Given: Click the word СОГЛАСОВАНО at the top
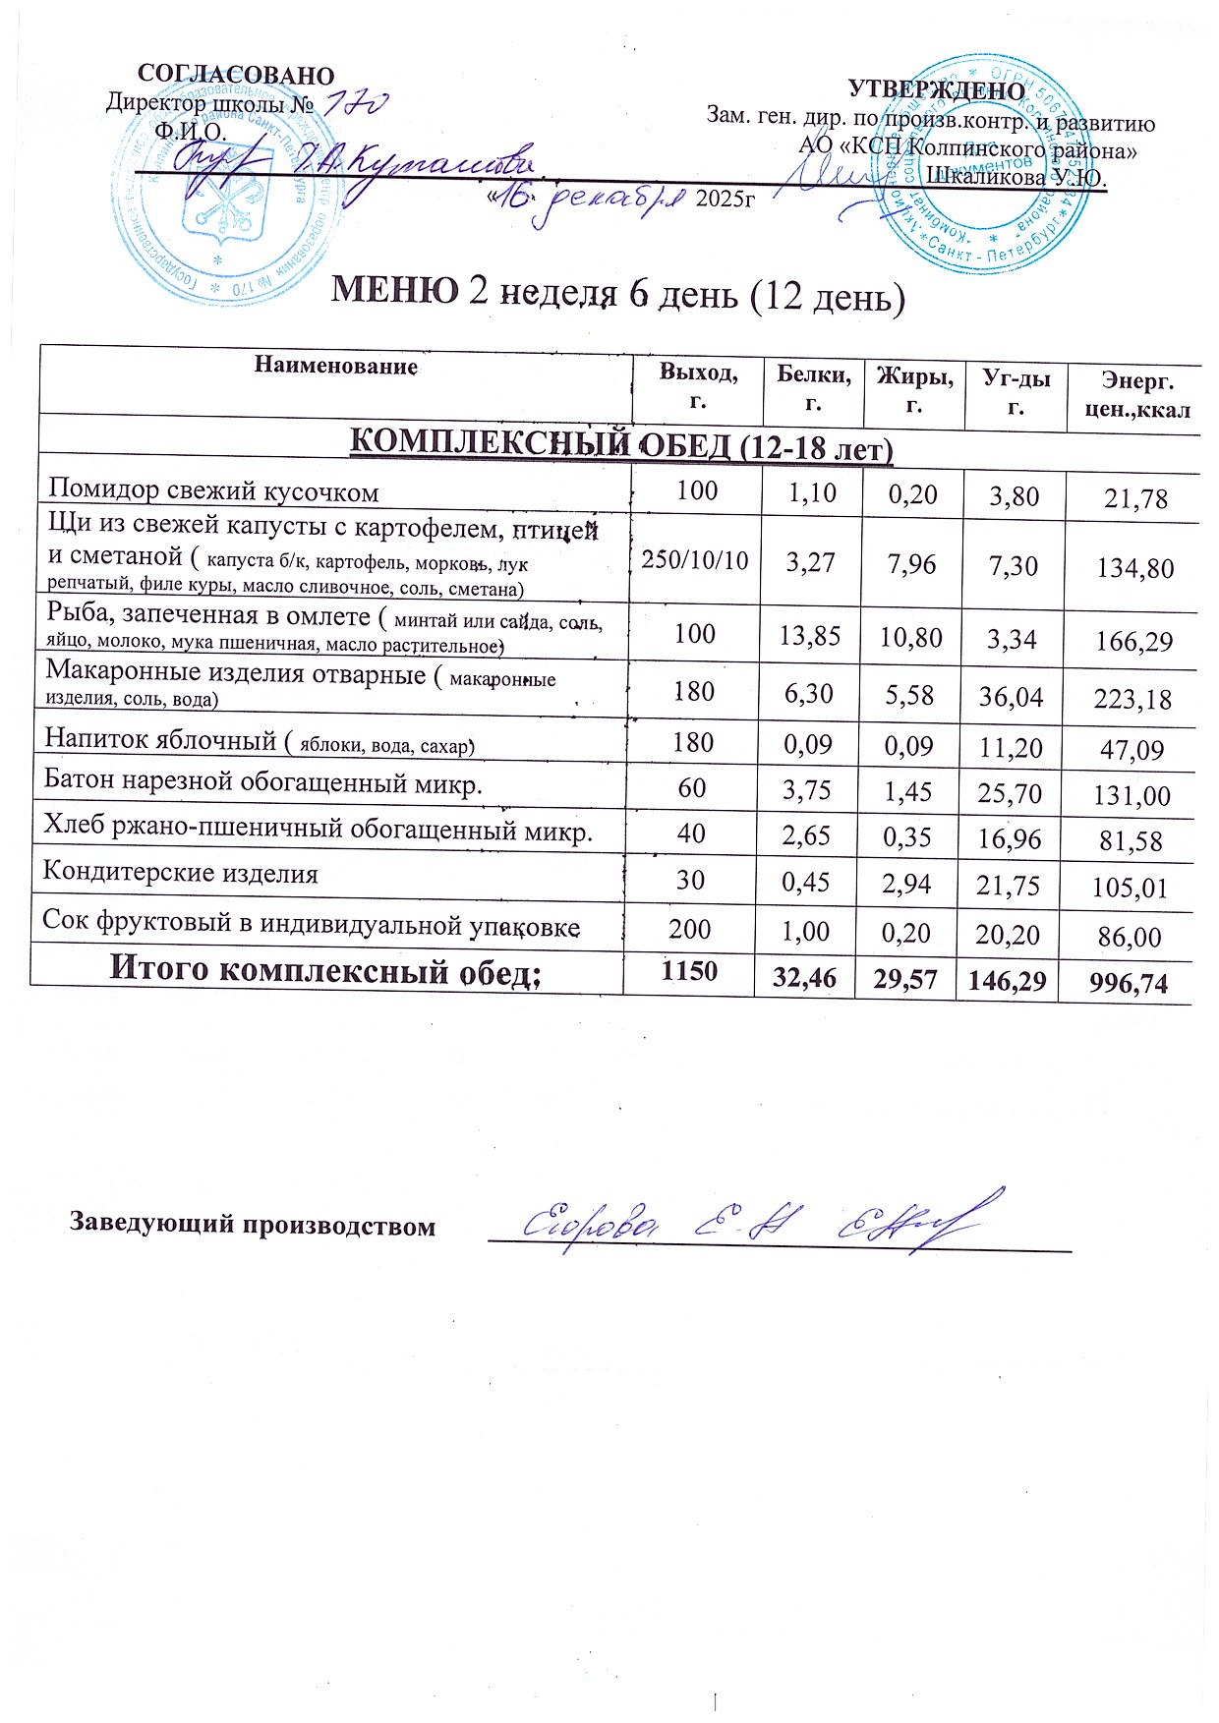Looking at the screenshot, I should click(236, 76).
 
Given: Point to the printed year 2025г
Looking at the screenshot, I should click(725, 199).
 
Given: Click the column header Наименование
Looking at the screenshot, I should click(336, 367).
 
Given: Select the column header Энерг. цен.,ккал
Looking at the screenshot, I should click(1136, 393).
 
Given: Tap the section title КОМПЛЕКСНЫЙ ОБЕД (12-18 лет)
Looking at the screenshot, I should click(621, 445).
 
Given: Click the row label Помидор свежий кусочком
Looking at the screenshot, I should click(213, 490).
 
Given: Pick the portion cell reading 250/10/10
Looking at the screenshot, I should click(695, 560).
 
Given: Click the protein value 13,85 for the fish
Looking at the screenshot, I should click(810, 636).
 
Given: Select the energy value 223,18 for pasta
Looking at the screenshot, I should click(1133, 699).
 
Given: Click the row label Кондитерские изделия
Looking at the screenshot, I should click(181, 873).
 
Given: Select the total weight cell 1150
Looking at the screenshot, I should click(689, 971).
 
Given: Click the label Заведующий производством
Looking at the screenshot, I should click(252, 1225).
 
